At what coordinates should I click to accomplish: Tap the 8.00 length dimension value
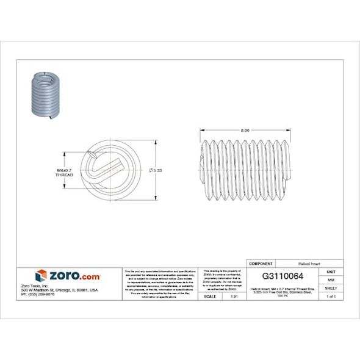click(x=245, y=131)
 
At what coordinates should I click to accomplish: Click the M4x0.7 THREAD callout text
click(x=65, y=172)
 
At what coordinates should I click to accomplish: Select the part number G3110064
click(x=283, y=276)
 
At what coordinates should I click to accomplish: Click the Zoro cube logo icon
click(x=41, y=276)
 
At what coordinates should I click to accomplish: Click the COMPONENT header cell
click(x=261, y=263)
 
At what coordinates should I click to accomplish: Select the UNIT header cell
click(x=331, y=272)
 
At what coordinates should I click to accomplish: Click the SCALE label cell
click(x=210, y=296)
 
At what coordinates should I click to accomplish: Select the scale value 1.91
click(x=234, y=296)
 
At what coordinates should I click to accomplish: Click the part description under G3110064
click(x=283, y=290)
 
